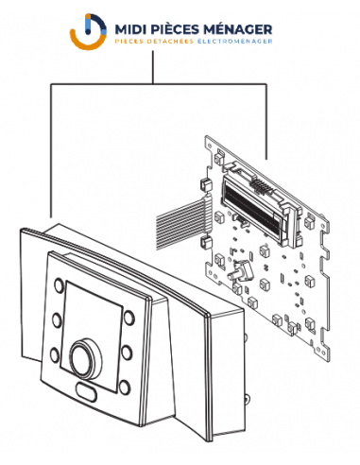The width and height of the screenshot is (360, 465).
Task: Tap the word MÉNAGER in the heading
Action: point(237,29)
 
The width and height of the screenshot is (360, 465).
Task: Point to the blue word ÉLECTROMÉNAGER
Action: point(234,41)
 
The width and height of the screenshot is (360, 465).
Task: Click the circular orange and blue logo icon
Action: point(88,31)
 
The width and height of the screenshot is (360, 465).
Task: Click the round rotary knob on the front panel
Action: point(86,358)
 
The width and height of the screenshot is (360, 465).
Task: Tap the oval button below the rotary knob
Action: point(86,391)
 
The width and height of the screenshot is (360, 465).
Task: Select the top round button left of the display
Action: point(59,285)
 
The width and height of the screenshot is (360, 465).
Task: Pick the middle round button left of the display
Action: point(57,319)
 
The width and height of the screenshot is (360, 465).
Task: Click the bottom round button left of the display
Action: point(55,354)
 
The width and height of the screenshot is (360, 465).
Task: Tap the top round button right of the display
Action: point(129,318)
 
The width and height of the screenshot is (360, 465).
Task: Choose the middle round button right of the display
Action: point(127,353)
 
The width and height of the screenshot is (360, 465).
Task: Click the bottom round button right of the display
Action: point(125,387)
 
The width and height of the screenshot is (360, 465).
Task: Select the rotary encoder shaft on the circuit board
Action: point(240,270)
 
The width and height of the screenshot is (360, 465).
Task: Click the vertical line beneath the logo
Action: point(153,67)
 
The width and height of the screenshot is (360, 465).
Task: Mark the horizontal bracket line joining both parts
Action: point(159,84)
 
